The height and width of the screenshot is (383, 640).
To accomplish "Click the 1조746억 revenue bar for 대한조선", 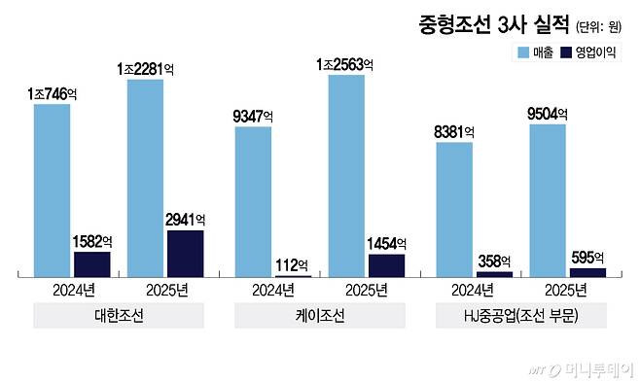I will click(52, 190).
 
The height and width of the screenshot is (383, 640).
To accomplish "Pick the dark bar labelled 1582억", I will click(92, 264).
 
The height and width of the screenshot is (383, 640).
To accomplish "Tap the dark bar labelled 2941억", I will click(186, 254).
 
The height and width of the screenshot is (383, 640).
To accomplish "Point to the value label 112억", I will click(293, 265).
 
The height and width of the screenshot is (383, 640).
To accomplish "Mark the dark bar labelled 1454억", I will click(386, 265).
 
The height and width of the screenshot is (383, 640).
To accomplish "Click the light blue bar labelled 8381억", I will click(454, 209).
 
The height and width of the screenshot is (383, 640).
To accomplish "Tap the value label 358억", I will click(494, 261).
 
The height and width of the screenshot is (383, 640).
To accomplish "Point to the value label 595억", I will click(587, 258).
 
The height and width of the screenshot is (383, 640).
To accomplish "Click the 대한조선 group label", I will click(119, 316).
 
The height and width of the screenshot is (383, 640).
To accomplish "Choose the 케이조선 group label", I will click(320, 316).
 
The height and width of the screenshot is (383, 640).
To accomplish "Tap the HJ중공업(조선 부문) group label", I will click(520, 316).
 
